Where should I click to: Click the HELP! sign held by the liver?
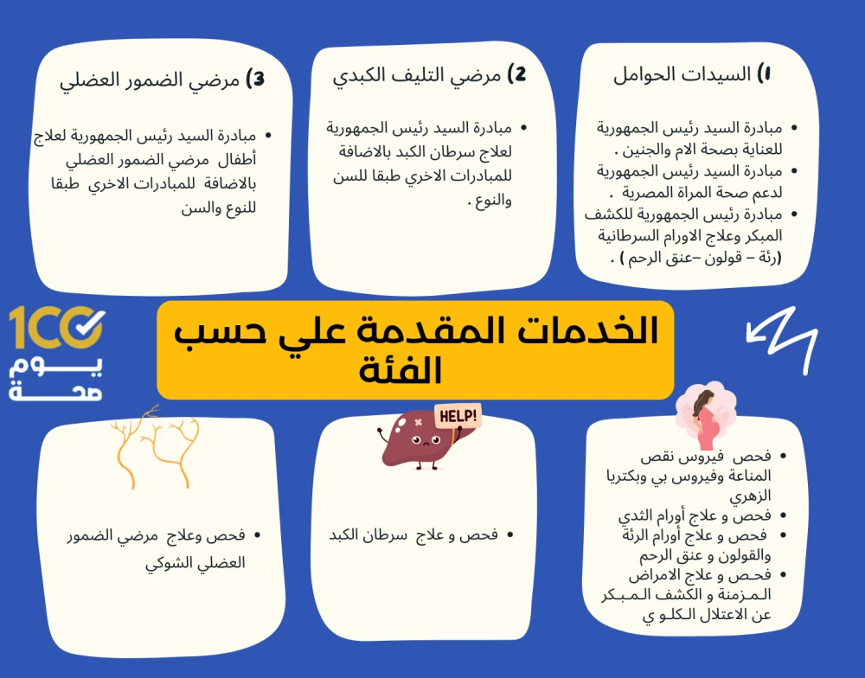click(458, 415)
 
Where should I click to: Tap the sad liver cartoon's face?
click(425, 441)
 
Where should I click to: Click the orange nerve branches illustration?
click(155, 447)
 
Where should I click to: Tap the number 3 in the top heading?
click(256, 80)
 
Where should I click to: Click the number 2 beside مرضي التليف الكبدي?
click(517, 74)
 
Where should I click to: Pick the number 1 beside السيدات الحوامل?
click(764, 74)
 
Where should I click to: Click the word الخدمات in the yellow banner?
click(586, 331)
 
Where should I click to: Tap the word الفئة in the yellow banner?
click(400, 369)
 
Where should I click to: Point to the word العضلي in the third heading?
click(82, 80)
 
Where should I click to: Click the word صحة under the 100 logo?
click(55, 391)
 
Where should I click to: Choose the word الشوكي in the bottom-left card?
click(168, 563)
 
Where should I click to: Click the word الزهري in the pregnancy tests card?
click(750, 496)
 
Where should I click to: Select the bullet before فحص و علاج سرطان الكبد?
click(510, 535)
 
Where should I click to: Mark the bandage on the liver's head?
click(418, 423)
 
